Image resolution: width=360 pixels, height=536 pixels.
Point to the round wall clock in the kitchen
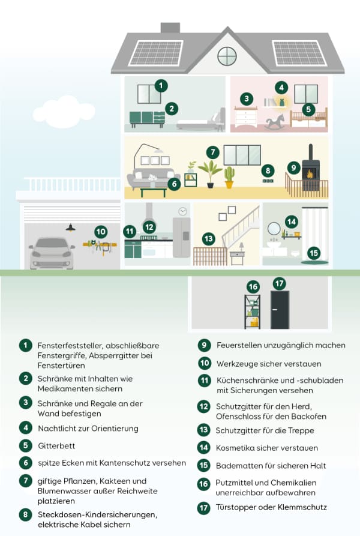point(182,211)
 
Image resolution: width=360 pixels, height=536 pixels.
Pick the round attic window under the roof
point(227,56)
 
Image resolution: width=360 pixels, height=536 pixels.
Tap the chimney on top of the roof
point(170,28)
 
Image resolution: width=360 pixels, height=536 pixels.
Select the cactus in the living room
point(229,178)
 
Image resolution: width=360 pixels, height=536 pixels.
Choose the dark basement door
point(280,310)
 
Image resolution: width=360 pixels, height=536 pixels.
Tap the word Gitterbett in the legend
point(56,445)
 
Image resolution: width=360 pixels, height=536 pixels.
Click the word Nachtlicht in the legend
point(59,428)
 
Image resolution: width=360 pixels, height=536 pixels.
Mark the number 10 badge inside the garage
point(101,230)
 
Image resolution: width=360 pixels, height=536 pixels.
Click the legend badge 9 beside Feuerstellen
point(205,345)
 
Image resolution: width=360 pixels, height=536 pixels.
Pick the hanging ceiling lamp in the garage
point(71,227)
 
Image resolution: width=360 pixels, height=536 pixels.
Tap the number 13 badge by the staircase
point(208,239)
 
